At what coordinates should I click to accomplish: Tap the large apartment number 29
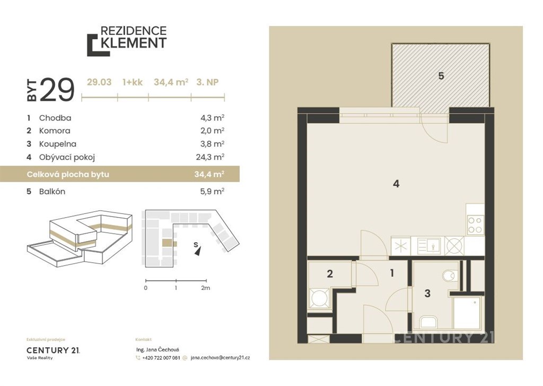(57, 90)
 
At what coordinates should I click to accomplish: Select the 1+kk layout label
(133, 82)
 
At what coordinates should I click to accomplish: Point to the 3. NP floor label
(207, 82)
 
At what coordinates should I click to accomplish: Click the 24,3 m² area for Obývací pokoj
(210, 157)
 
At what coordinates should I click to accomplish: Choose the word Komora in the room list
(55, 131)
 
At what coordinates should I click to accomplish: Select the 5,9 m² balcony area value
(212, 192)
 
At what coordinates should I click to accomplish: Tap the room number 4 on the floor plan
(396, 184)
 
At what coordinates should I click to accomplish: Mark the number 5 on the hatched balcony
(441, 75)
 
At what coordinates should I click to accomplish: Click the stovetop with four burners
(475, 225)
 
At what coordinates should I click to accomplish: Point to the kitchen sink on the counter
(429, 246)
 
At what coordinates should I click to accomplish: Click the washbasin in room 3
(429, 322)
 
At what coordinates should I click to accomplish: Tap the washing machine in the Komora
(319, 298)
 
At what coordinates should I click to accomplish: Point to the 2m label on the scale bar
(205, 288)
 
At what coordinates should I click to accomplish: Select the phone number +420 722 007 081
(161, 358)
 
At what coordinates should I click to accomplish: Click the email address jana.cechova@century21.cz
(220, 358)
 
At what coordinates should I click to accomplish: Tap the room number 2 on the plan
(330, 274)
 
